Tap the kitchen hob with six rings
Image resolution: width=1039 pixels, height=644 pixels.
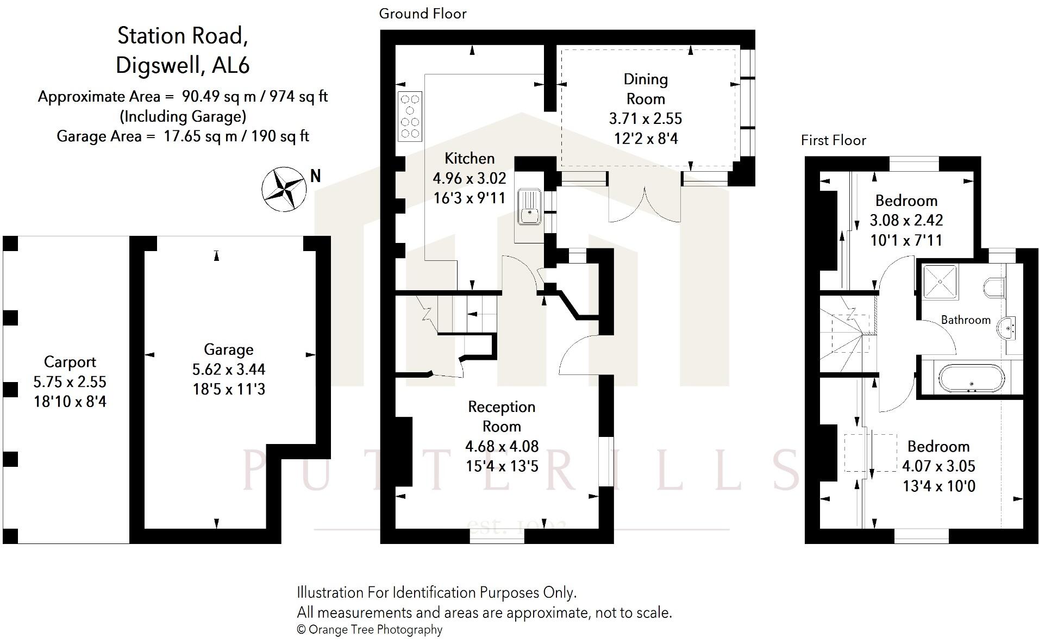click(410, 116)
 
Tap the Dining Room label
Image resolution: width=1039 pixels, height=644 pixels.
click(645, 89)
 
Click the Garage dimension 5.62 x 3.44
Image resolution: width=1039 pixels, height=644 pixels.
click(229, 370)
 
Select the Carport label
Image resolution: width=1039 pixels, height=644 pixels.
click(70, 362)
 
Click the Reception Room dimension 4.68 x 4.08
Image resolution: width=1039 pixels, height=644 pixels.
click(502, 446)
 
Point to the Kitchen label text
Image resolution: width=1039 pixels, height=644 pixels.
click(470, 158)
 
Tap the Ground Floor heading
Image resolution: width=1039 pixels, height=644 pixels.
click(423, 14)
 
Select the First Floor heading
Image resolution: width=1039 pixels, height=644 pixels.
click(833, 140)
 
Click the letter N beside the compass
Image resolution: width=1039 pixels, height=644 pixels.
click(315, 176)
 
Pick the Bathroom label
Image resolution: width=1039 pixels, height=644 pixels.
click(965, 320)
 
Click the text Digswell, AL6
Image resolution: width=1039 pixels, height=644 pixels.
click(183, 65)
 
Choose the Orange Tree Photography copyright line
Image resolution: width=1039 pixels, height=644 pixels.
click(370, 629)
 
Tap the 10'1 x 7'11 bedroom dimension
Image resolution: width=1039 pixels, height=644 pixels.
click(906, 240)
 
